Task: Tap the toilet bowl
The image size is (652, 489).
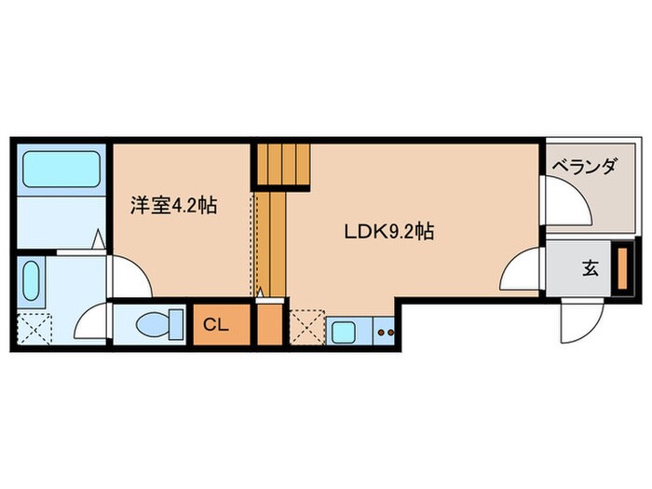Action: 151,326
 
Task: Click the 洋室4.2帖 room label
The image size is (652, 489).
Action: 174,204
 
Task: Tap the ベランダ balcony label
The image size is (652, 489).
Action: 584,168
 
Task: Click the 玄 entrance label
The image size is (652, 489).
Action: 590,269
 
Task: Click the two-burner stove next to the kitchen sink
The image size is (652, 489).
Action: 386,330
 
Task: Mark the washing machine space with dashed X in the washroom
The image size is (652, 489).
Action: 36,329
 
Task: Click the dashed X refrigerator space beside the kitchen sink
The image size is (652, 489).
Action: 306,329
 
